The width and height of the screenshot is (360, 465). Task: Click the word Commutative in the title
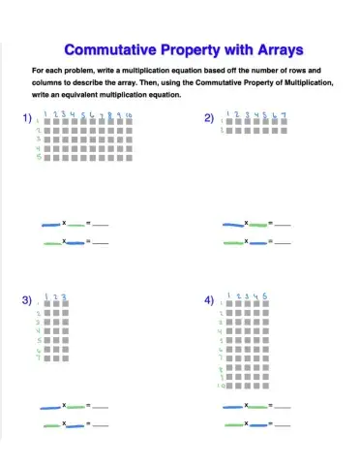(x=113, y=48)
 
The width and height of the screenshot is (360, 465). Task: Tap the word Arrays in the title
(x=275, y=48)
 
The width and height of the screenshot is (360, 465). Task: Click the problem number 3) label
(x=27, y=301)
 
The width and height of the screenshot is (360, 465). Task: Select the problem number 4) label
(x=209, y=301)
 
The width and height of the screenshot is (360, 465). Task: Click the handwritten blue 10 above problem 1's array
(x=129, y=115)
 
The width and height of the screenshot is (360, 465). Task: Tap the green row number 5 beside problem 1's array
(x=38, y=157)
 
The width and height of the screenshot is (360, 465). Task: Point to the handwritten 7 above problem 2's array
(x=283, y=115)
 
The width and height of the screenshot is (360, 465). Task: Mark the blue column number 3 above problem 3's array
(x=64, y=298)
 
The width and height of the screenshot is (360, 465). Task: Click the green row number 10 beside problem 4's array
(x=221, y=385)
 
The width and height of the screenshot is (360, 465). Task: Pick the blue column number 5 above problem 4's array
(x=265, y=296)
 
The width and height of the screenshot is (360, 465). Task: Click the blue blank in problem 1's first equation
(x=51, y=225)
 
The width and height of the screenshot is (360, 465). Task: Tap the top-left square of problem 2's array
(x=228, y=123)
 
